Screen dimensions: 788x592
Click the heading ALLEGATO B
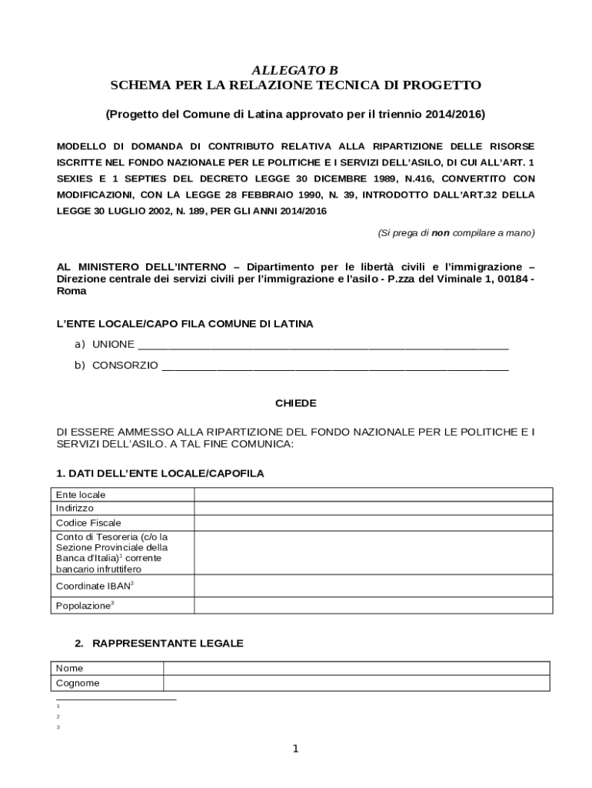click(295, 71)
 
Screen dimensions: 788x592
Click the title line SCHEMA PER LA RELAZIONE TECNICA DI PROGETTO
click(295, 85)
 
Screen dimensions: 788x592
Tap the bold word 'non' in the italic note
click(440, 232)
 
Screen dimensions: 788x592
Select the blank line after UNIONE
click(323, 345)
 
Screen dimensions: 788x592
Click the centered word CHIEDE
click(295, 403)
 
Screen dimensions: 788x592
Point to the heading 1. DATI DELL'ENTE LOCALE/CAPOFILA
click(160, 473)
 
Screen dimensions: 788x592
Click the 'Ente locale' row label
click(81, 495)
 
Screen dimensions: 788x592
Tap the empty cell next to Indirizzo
click(372, 509)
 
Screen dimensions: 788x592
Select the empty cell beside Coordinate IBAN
click(372, 586)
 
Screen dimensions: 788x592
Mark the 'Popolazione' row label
click(85, 606)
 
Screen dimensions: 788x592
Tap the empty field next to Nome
click(356, 668)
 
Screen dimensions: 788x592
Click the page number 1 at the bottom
click(296, 749)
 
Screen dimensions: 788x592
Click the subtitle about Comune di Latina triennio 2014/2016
click(295, 114)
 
